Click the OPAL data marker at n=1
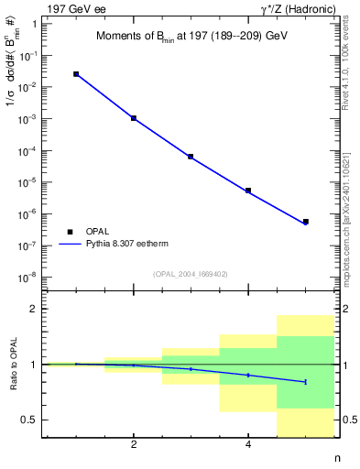pyautogui.click(x=76, y=74)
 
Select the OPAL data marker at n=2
pyautogui.click(x=134, y=118)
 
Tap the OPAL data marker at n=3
pyautogui.click(x=191, y=157)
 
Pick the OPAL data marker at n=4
pyautogui.click(x=248, y=191)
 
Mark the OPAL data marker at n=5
pyautogui.click(x=305, y=222)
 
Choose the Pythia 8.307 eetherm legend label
pyautogui.click(x=124, y=245)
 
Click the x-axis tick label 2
pyautogui.click(x=134, y=445)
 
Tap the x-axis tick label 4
pyautogui.click(x=248, y=445)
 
